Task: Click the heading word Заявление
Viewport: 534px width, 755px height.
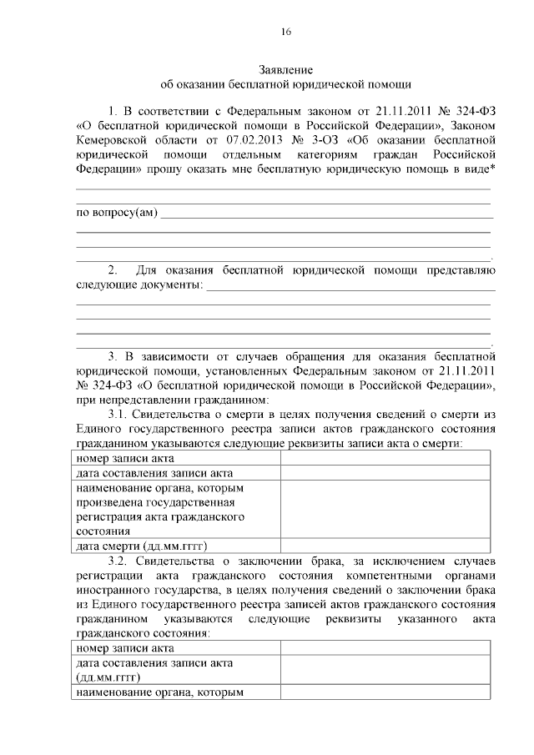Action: [285, 69]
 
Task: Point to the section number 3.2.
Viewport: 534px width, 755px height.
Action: [120, 561]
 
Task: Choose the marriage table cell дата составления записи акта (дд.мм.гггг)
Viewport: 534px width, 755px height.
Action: [154, 669]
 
